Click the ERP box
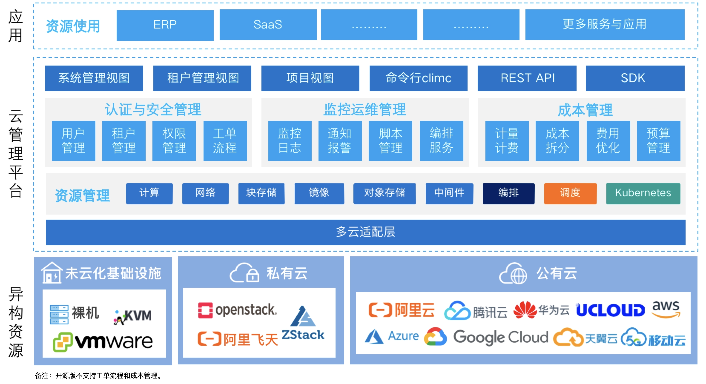point(165,25)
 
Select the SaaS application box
point(268,25)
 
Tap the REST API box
point(527,78)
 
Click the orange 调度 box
point(570,193)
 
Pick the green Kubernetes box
point(643,193)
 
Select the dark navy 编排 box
point(508,193)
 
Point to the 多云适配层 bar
point(365,232)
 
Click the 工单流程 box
point(225,141)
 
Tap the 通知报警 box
point(340,141)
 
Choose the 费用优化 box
point(608,141)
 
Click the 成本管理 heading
point(585,110)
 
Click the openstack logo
point(237,310)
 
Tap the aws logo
point(666,309)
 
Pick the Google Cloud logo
point(486,337)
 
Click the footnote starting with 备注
point(99,375)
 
